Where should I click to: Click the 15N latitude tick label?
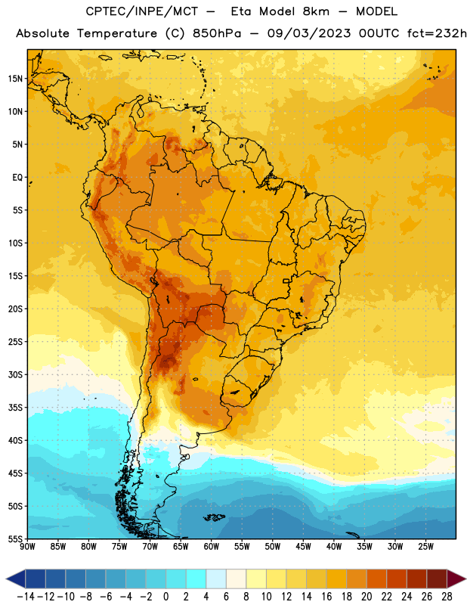coord(15,79)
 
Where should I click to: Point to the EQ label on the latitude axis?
coord(17,178)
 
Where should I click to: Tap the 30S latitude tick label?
coord(15,375)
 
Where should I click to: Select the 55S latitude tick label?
coord(15,538)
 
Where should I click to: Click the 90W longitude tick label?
coord(27,547)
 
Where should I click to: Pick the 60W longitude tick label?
coord(212,547)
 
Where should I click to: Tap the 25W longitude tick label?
coord(425,547)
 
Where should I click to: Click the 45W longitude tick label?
coord(303,547)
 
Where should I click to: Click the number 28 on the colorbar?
coord(447,597)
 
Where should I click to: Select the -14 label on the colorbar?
coord(26,597)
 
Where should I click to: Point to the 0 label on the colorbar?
coord(165,597)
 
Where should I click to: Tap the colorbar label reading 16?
coord(326,597)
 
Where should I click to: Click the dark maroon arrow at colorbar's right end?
coord(456,579)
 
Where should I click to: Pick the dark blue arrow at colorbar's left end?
coord(16,579)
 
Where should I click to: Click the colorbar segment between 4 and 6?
coord(216,579)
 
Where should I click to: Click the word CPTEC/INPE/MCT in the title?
coord(142,11)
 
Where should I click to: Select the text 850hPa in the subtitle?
coord(217,33)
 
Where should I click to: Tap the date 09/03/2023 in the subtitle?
coord(309,33)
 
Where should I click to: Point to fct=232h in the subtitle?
coord(437,33)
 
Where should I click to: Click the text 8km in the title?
coord(316,11)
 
